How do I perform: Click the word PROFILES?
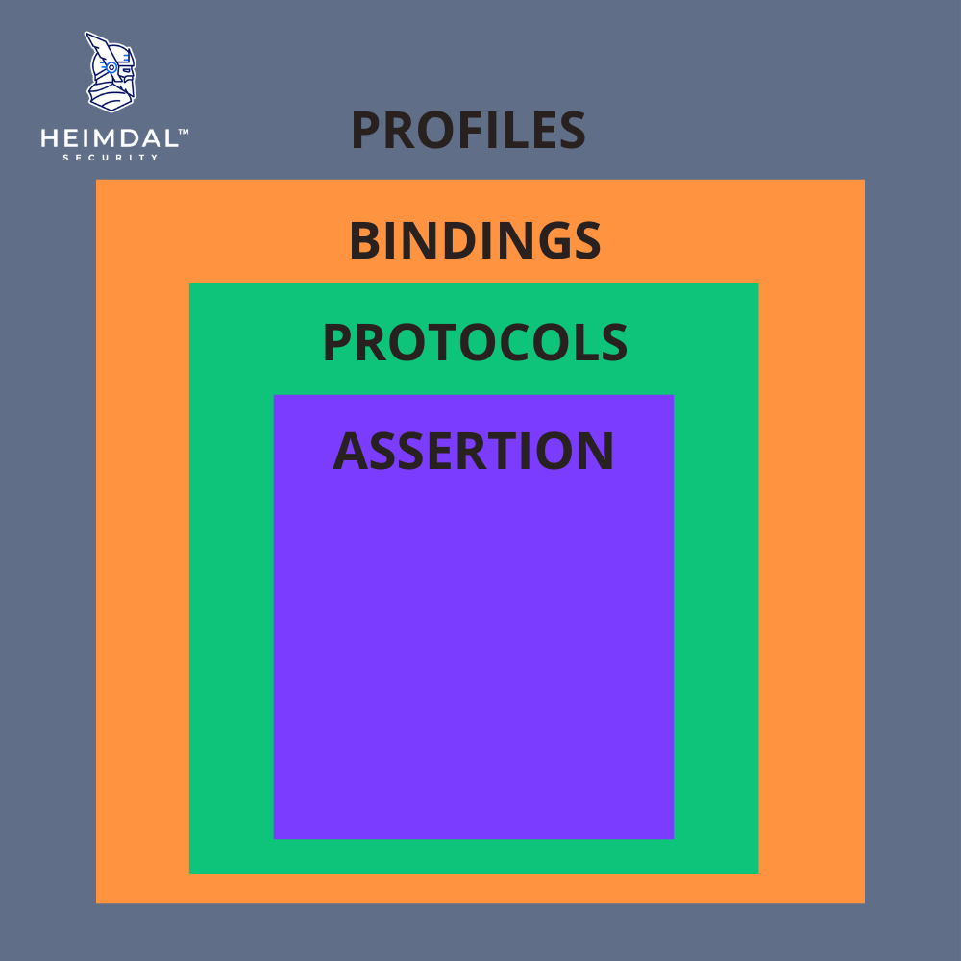[x=468, y=130]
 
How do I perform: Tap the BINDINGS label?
[x=475, y=240]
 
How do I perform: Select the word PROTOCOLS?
[x=475, y=342]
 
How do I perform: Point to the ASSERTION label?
[x=473, y=451]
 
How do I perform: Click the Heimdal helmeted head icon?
[x=111, y=72]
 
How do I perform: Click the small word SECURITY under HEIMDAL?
[x=111, y=158]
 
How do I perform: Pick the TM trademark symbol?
[x=184, y=131]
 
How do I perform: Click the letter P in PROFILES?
[x=366, y=130]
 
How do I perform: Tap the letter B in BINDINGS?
[x=365, y=240]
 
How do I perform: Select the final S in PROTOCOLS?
[x=614, y=342]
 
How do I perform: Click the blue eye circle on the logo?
[x=111, y=67]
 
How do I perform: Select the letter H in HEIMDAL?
[x=50, y=138]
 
